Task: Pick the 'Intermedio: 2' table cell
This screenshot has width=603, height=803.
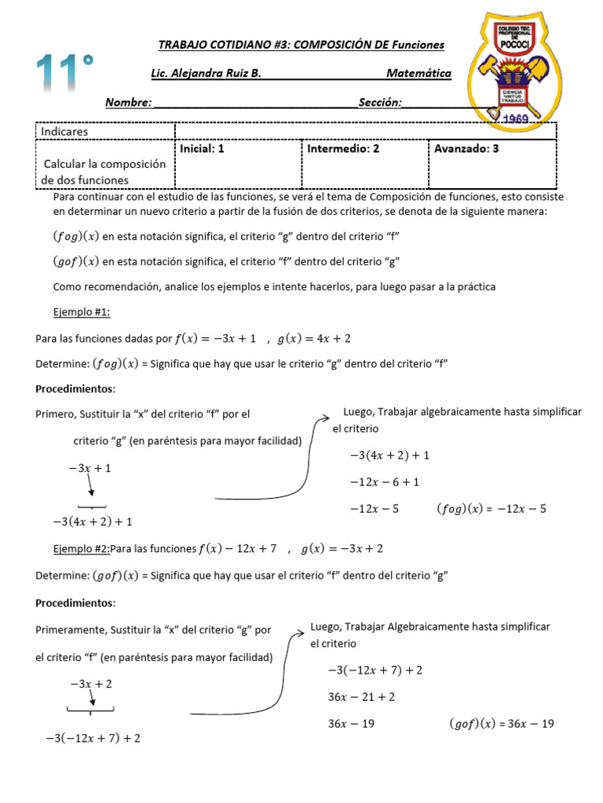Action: click(343, 148)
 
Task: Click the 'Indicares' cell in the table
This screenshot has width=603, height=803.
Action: click(64, 132)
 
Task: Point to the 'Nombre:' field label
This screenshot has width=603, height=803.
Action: click(128, 102)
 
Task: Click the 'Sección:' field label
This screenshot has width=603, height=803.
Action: click(380, 102)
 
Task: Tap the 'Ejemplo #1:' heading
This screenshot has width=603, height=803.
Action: click(82, 311)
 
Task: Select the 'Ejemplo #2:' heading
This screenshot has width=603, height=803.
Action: click(82, 548)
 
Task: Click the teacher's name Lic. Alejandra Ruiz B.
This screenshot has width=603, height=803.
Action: click(205, 74)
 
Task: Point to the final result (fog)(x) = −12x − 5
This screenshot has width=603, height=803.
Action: click(491, 509)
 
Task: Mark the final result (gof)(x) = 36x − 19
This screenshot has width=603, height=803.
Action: click(501, 724)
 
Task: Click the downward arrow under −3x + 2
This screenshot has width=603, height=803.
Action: click(92, 698)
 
